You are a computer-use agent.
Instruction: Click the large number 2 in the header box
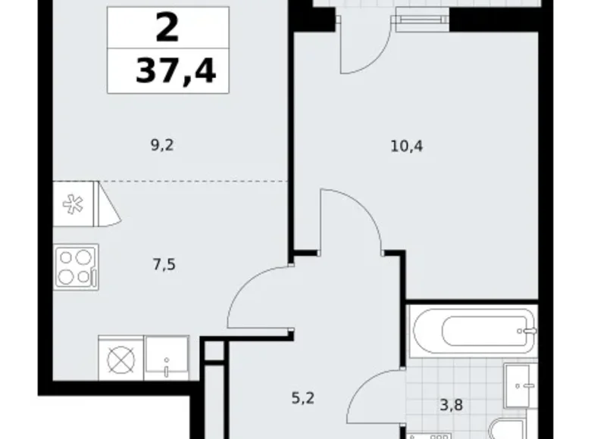coord(167,27)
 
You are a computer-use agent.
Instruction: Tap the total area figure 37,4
coord(176,71)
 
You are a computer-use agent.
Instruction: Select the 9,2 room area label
coord(162,145)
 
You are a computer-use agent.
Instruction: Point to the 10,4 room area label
coord(407,146)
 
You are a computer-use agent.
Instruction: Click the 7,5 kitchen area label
coord(164,265)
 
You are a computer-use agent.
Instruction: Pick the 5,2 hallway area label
coord(303,398)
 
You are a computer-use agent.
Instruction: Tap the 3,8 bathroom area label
coord(451,405)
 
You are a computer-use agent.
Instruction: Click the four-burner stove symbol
coord(76,267)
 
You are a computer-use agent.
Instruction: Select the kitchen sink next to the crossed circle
coord(167,358)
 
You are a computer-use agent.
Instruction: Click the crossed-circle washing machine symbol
coord(121,358)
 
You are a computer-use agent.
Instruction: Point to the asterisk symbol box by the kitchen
coord(73,204)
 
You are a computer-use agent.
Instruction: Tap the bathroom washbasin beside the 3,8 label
coord(521,386)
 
